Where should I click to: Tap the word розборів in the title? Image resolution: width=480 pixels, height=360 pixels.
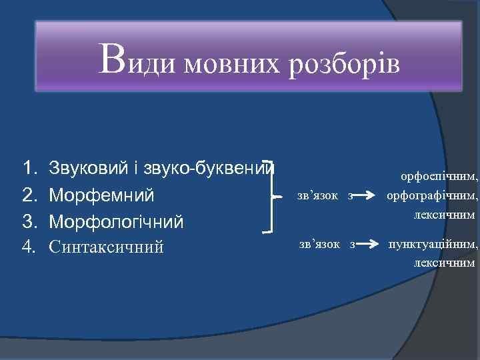coord(344,65)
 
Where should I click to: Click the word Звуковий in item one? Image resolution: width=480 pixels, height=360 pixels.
coord(87,169)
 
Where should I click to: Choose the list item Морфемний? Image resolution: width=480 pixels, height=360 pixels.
coord(101,195)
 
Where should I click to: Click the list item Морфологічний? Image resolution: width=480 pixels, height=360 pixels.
coord(116,221)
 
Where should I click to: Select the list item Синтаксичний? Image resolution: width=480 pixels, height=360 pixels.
coord(106,247)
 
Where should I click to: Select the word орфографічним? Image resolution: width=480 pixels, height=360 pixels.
coord(432,196)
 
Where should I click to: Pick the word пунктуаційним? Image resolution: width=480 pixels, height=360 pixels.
coord(433,245)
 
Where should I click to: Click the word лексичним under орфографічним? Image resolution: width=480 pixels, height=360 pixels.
coord(444,215)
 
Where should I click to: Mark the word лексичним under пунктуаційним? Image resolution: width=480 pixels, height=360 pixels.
coord(444,263)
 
